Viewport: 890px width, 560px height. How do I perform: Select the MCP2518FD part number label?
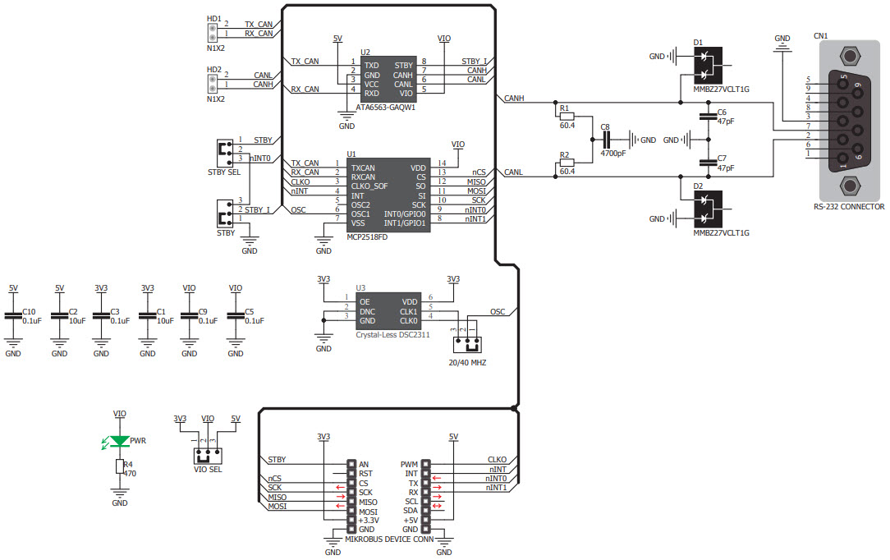[367, 236]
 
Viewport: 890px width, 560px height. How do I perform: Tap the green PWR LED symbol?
[120, 442]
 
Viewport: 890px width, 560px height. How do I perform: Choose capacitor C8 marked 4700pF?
[608, 140]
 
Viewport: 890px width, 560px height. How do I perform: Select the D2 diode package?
[705, 209]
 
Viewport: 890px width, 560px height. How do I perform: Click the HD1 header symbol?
[212, 32]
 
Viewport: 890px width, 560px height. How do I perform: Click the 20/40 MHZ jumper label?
[467, 362]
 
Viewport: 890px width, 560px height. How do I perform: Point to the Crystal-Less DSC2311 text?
[392, 335]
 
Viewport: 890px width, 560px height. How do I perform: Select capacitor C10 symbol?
[13, 316]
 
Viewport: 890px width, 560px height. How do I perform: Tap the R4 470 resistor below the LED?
[120, 467]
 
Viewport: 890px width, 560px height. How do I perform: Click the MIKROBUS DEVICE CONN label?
[388, 539]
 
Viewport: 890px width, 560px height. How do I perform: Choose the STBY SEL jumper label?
[223, 172]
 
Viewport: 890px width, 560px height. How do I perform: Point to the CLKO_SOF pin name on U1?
[369, 186]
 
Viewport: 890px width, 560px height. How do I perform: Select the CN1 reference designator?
[820, 36]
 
